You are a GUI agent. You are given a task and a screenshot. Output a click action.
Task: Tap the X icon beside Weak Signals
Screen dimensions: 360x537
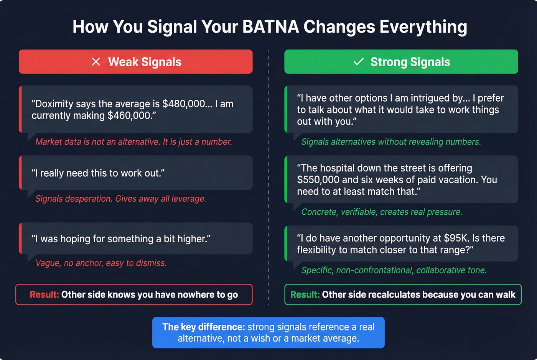click(x=96, y=62)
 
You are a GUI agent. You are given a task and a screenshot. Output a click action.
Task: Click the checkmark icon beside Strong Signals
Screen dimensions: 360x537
click(x=358, y=62)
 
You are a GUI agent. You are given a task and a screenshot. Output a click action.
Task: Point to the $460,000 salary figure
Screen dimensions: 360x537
click(x=129, y=116)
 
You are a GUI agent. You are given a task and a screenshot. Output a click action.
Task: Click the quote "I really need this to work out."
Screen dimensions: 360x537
click(x=98, y=173)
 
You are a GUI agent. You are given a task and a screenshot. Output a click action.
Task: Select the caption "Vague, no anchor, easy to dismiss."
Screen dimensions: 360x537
click(x=101, y=263)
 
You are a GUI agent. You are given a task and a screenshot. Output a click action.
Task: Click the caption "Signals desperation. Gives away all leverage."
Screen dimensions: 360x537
click(x=121, y=199)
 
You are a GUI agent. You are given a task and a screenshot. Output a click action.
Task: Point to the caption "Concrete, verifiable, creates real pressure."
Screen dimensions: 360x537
click(x=382, y=212)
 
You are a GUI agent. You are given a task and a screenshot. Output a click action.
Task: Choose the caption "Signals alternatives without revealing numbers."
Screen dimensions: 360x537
click(x=391, y=142)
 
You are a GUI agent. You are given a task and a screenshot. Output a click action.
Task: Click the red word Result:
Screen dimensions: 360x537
click(x=44, y=294)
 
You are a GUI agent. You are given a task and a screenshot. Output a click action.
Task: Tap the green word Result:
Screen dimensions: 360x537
click(x=305, y=294)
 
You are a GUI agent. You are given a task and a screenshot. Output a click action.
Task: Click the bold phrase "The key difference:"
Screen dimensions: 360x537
click(x=203, y=327)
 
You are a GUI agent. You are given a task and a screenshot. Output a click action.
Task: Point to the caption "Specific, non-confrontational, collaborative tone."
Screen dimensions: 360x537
click(x=394, y=270)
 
